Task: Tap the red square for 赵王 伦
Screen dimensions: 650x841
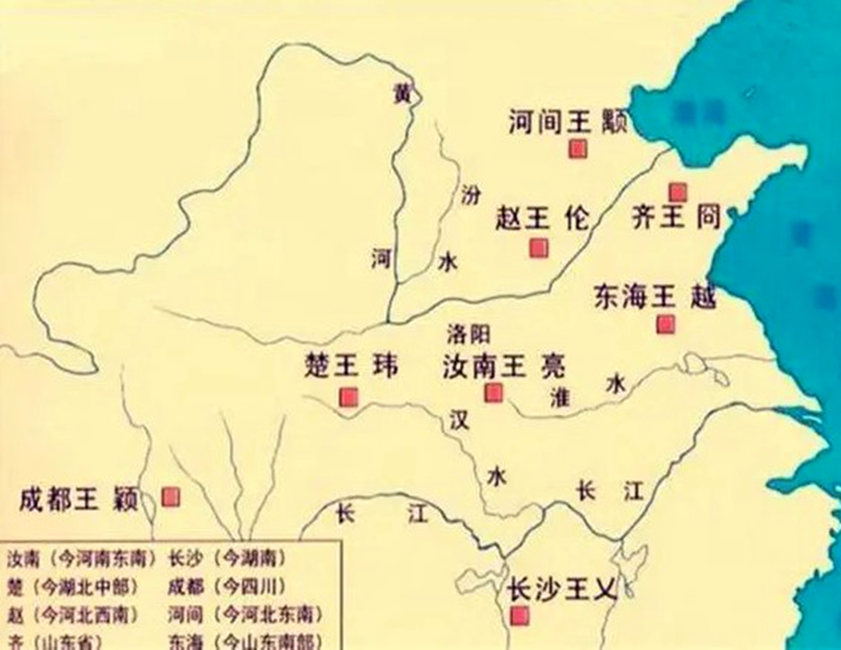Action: pyautogui.click(x=539, y=248)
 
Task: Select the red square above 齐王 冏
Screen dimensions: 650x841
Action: pyautogui.click(x=678, y=192)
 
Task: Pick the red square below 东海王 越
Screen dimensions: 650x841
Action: pyautogui.click(x=665, y=324)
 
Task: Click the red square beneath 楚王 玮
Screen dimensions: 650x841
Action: pyautogui.click(x=349, y=398)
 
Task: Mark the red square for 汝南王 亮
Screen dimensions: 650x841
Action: pyautogui.click(x=493, y=392)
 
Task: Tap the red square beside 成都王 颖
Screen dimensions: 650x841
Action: pyautogui.click(x=170, y=497)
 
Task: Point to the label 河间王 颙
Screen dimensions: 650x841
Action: pyautogui.click(x=568, y=122)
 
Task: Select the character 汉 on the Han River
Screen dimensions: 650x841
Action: pyautogui.click(x=458, y=419)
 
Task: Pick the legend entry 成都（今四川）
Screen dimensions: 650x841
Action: pyautogui.click(x=226, y=587)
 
